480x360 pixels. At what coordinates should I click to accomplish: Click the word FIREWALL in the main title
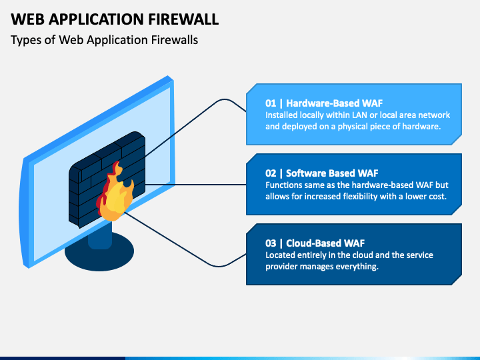pos(183,19)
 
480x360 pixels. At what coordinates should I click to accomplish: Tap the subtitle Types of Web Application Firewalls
pos(105,40)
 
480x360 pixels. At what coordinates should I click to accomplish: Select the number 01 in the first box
pos(271,103)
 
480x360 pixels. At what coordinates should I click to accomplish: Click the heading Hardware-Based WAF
pos(334,103)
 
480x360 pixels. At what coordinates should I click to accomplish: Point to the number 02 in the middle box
pos(271,173)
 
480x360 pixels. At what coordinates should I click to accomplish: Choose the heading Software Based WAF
pos(332,173)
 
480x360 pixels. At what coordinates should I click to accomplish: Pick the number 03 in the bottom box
pos(271,243)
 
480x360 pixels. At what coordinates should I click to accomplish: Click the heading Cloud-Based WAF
pos(325,243)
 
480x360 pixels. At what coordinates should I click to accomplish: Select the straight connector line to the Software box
pos(196,185)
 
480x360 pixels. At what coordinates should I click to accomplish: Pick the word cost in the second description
pos(438,196)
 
